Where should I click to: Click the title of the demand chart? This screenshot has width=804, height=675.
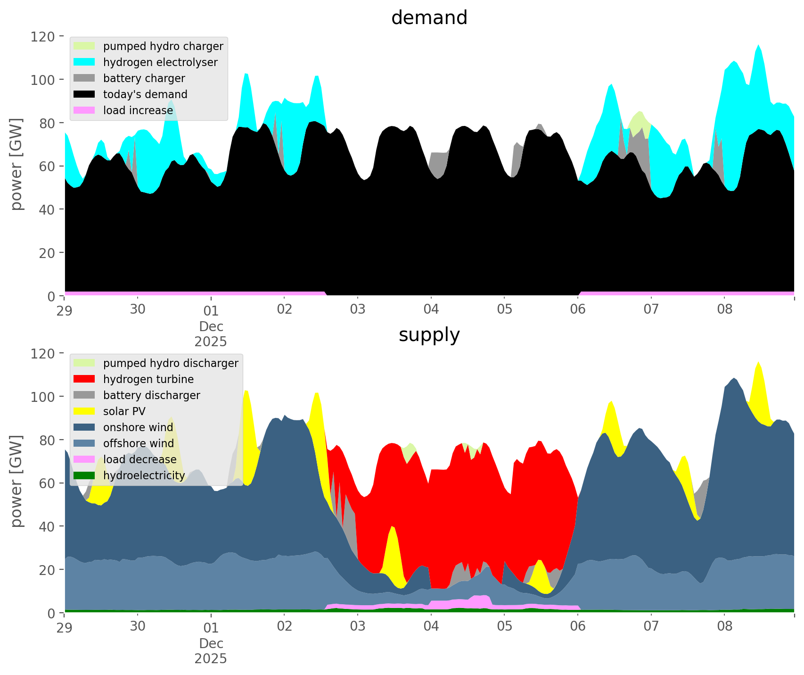[429, 18]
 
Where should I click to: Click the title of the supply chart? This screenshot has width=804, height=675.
[429, 335]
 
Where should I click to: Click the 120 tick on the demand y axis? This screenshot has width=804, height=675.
[43, 36]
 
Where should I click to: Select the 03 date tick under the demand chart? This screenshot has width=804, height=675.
[358, 310]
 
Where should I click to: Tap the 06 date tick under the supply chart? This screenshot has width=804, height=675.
[578, 627]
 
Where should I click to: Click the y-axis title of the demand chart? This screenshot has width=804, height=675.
[17, 164]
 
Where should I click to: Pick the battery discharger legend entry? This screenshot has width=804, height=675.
[151, 395]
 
